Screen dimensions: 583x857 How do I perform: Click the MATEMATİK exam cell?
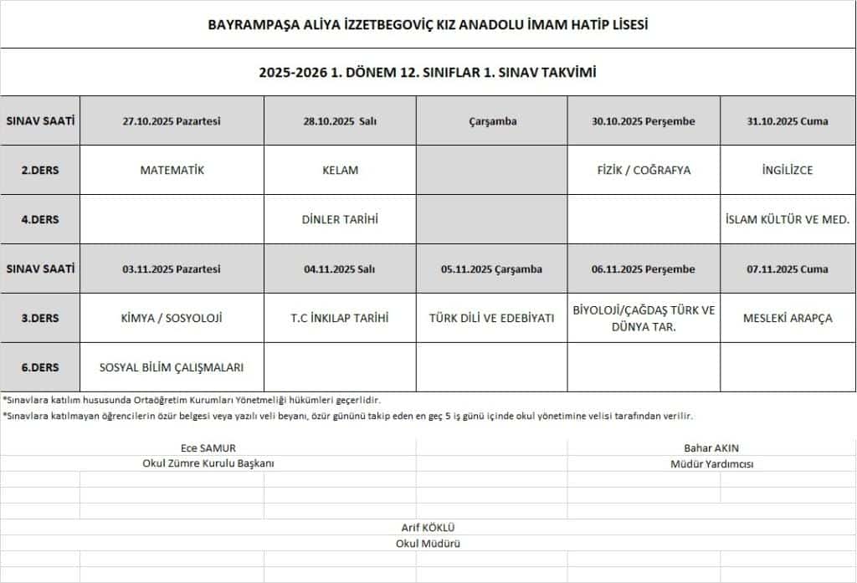172,170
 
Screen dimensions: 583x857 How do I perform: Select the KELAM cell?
340,170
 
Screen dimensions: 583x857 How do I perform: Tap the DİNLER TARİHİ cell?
340,219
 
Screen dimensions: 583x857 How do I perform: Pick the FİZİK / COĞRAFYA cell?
644,170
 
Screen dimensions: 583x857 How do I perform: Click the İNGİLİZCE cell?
788,170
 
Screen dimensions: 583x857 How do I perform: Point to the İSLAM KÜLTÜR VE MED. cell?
788,219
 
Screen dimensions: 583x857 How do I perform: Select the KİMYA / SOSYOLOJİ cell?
172,318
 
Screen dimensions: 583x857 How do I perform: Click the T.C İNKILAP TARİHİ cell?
340,318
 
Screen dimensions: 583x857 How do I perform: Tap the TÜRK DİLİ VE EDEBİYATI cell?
491,318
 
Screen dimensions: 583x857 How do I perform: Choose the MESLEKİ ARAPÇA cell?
788,318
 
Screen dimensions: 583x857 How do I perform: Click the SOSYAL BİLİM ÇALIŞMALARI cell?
172,366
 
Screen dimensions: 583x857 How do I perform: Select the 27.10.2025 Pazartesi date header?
172,121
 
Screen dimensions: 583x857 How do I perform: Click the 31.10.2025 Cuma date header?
788,121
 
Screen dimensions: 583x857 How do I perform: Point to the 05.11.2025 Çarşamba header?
491,269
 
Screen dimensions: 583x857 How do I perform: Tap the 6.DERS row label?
40,366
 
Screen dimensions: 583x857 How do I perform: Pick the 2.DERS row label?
40,170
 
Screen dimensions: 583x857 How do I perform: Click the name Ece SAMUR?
208,448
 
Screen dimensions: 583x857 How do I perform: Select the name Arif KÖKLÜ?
428,528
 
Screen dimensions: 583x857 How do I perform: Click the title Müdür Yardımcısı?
711,463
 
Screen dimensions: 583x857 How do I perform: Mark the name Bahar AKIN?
711,448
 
